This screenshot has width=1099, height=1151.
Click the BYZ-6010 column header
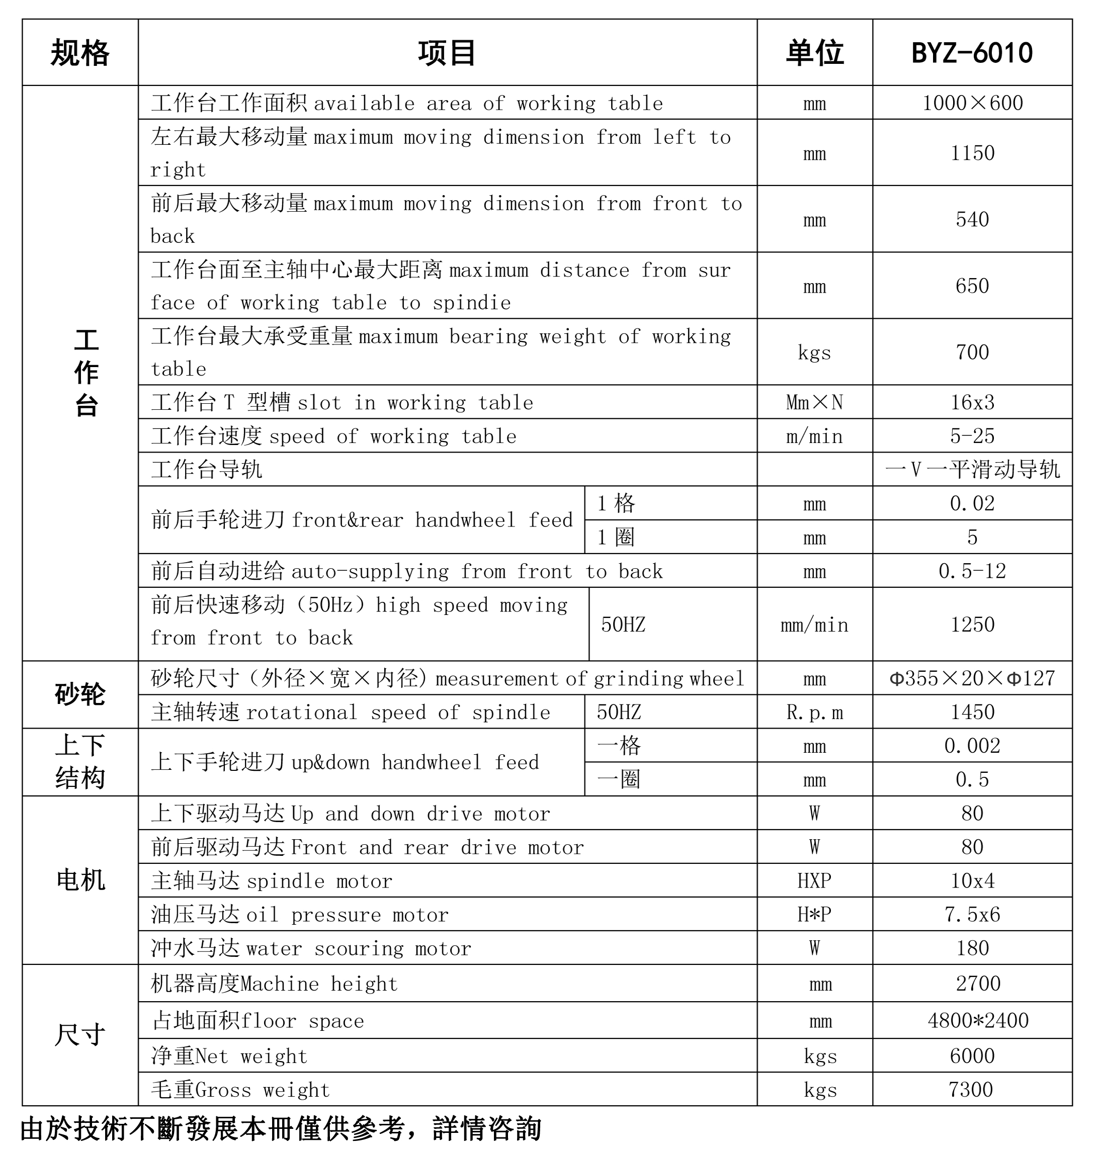tap(971, 53)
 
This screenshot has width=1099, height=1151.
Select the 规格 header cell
tap(80, 53)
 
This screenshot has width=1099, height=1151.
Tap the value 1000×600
tap(972, 103)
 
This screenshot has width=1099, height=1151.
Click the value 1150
tap(972, 153)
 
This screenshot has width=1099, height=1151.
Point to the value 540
tap(972, 219)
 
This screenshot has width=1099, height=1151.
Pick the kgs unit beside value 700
tap(814, 352)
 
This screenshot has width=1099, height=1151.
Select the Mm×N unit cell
tap(814, 402)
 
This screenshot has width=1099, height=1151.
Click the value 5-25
tap(972, 436)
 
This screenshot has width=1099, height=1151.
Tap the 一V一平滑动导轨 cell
tap(972, 469)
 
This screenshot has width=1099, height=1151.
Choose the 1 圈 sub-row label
tap(616, 537)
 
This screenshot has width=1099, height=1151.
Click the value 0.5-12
tap(972, 571)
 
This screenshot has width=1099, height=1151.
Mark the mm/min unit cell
tap(814, 625)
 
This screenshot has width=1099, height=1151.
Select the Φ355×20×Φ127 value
tap(972, 678)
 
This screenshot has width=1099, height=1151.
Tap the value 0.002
tap(972, 746)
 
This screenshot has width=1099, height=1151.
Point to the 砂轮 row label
tap(80, 695)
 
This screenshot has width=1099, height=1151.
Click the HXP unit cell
tap(814, 880)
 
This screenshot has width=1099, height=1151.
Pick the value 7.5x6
tap(972, 914)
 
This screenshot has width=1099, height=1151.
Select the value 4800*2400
tap(978, 1020)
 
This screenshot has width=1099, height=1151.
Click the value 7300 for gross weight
tap(971, 1090)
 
